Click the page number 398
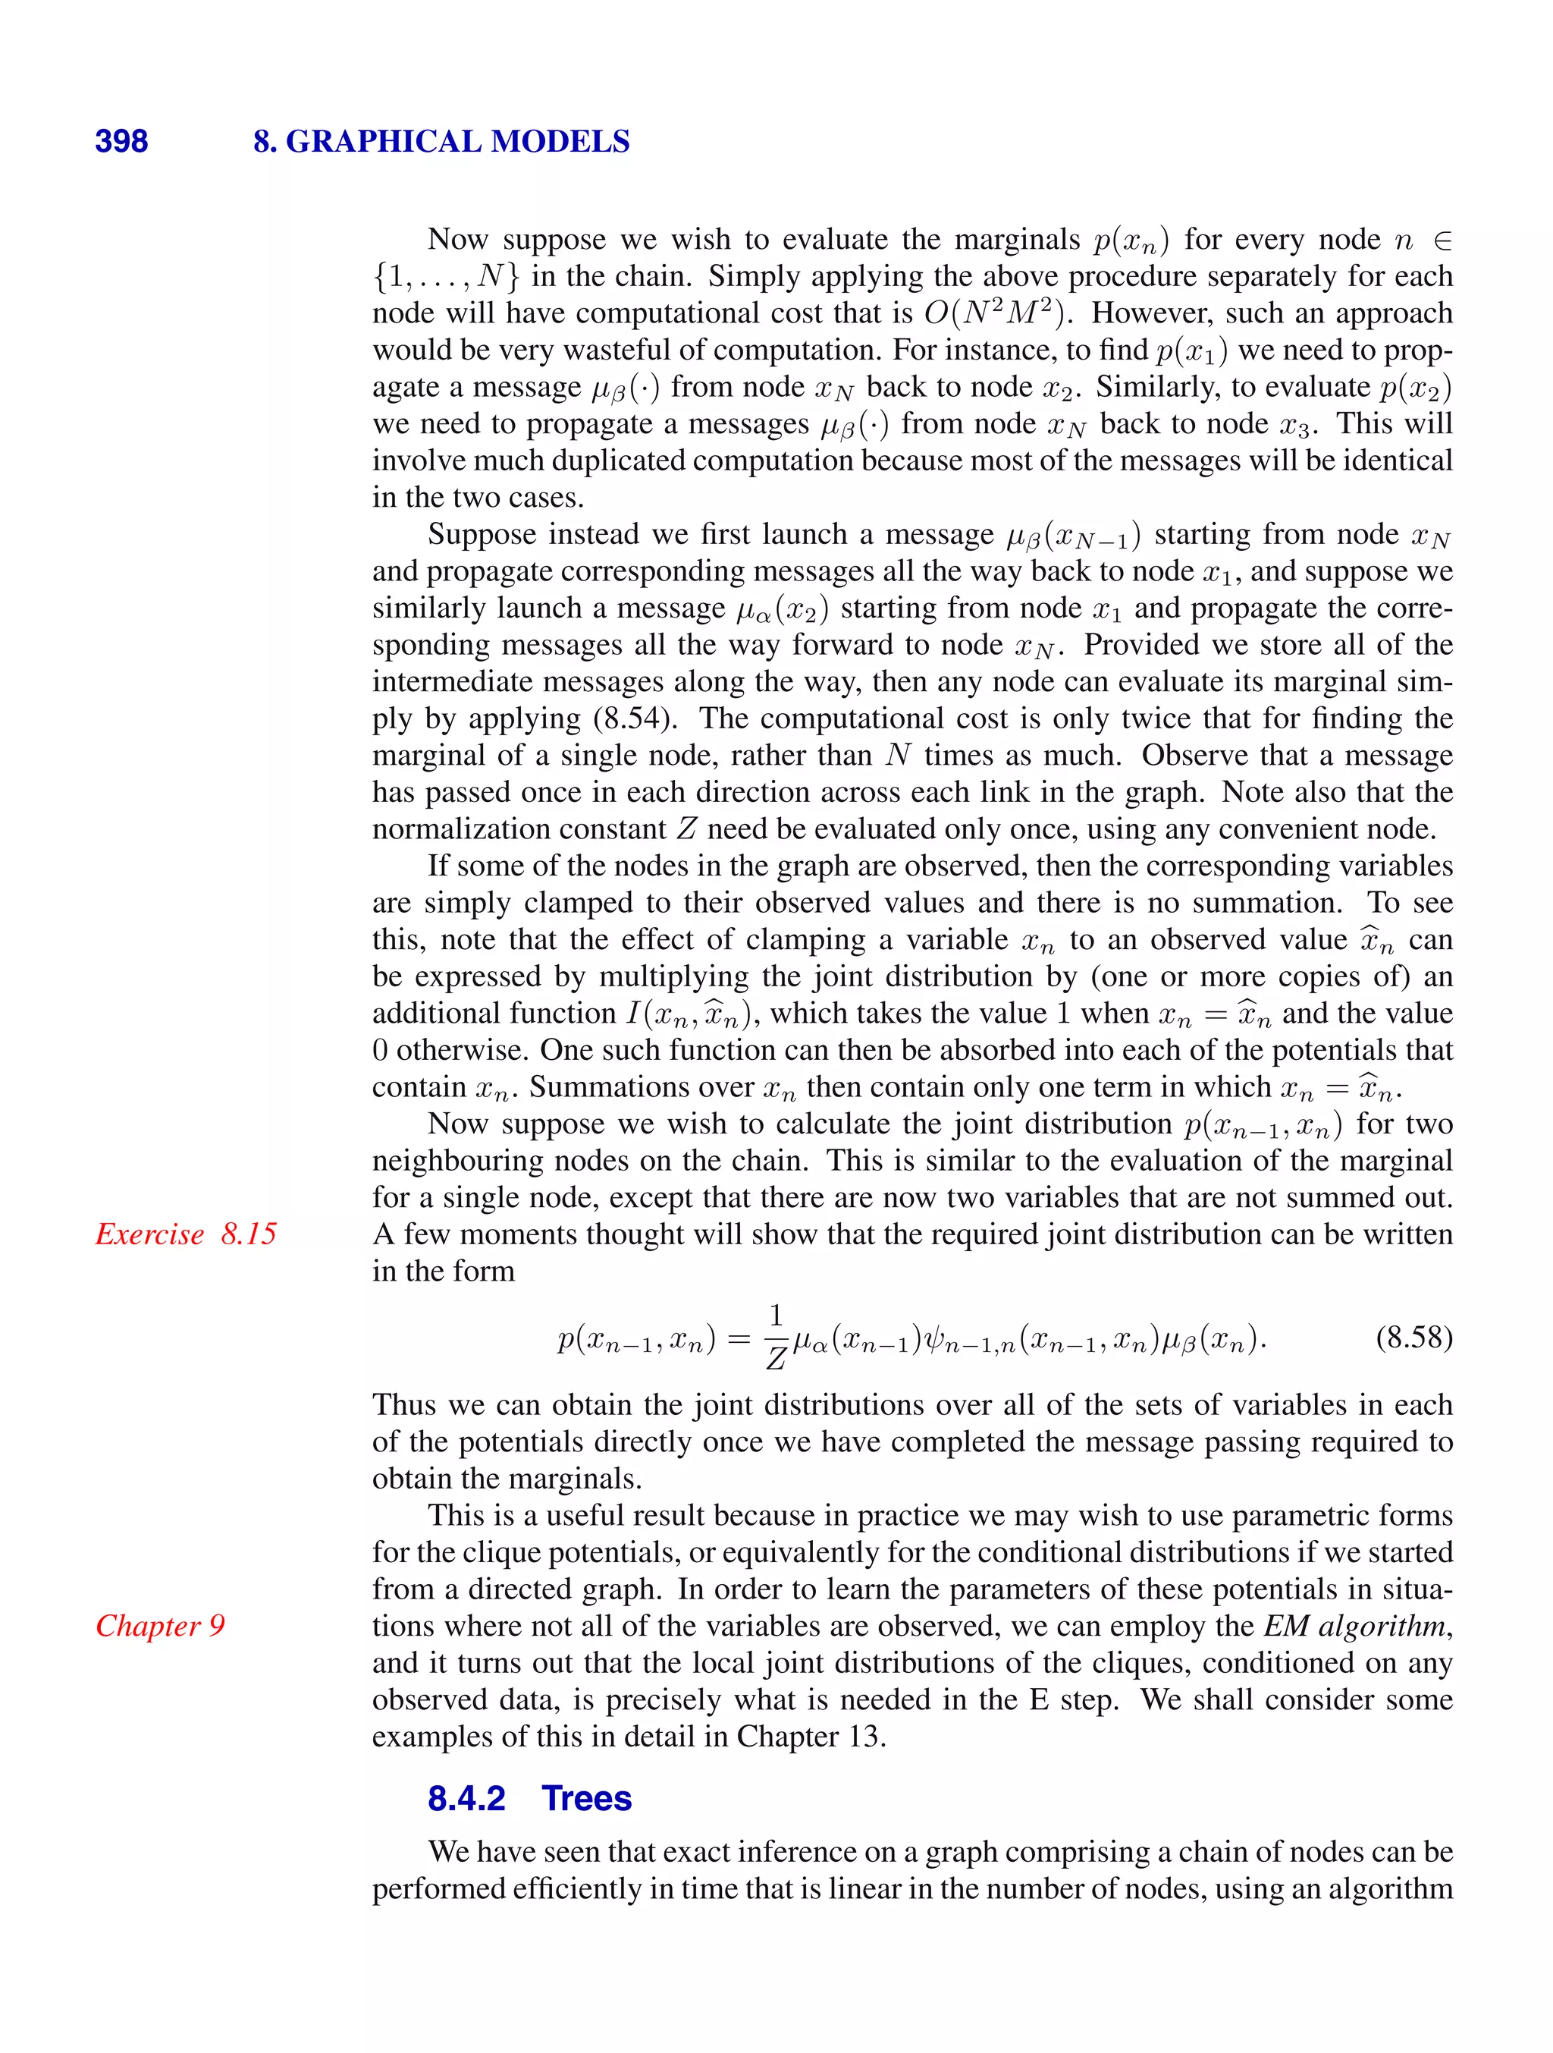tap(121, 141)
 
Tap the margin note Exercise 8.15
tap(186, 1234)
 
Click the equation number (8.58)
tap(1413, 1338)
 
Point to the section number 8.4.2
tap(466, 1798)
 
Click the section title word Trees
tap(586, 1798)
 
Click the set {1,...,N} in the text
tap(445, 277)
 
